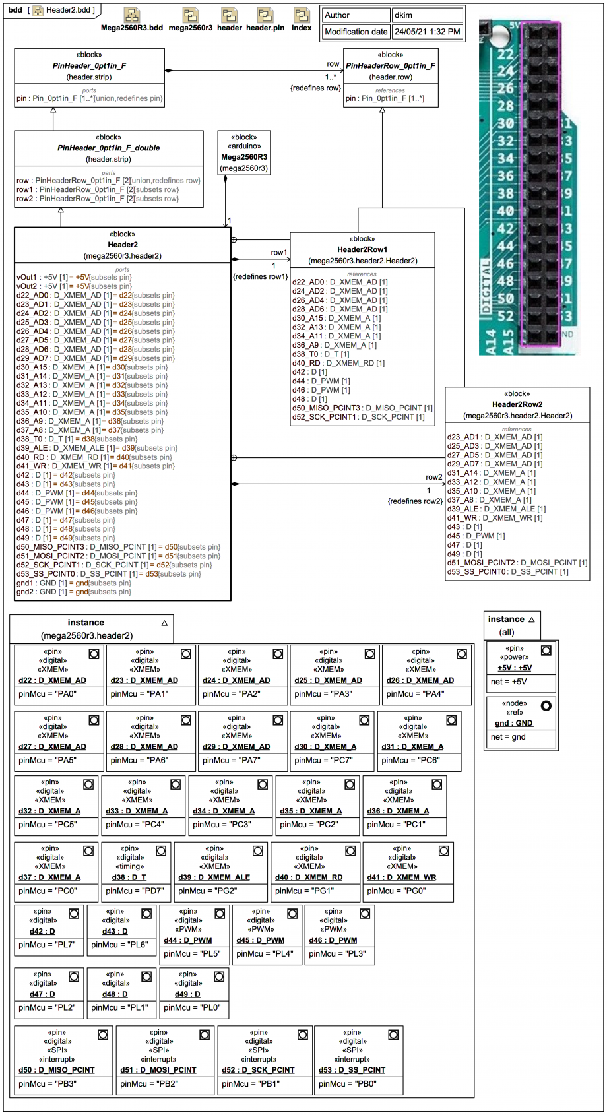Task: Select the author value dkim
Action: tap(427, 15)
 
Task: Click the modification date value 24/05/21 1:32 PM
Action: tap(427, 32)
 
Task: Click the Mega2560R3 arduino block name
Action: tap(244, 158)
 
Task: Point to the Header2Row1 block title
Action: tap(362, 249)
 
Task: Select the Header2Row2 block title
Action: tap(517, 404)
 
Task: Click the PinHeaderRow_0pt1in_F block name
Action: tap(391, 66)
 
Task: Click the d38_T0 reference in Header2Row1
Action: tap(321, 354)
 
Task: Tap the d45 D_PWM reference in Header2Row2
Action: tap(476, 536)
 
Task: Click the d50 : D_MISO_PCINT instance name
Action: tap(57, 1070)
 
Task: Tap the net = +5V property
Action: tap(509, 682)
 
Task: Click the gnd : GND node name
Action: tap(514, 723)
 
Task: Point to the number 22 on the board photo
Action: tap(505, 55)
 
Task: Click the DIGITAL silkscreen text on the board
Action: tap(487, 287)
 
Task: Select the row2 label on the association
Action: tap(433, 477)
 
